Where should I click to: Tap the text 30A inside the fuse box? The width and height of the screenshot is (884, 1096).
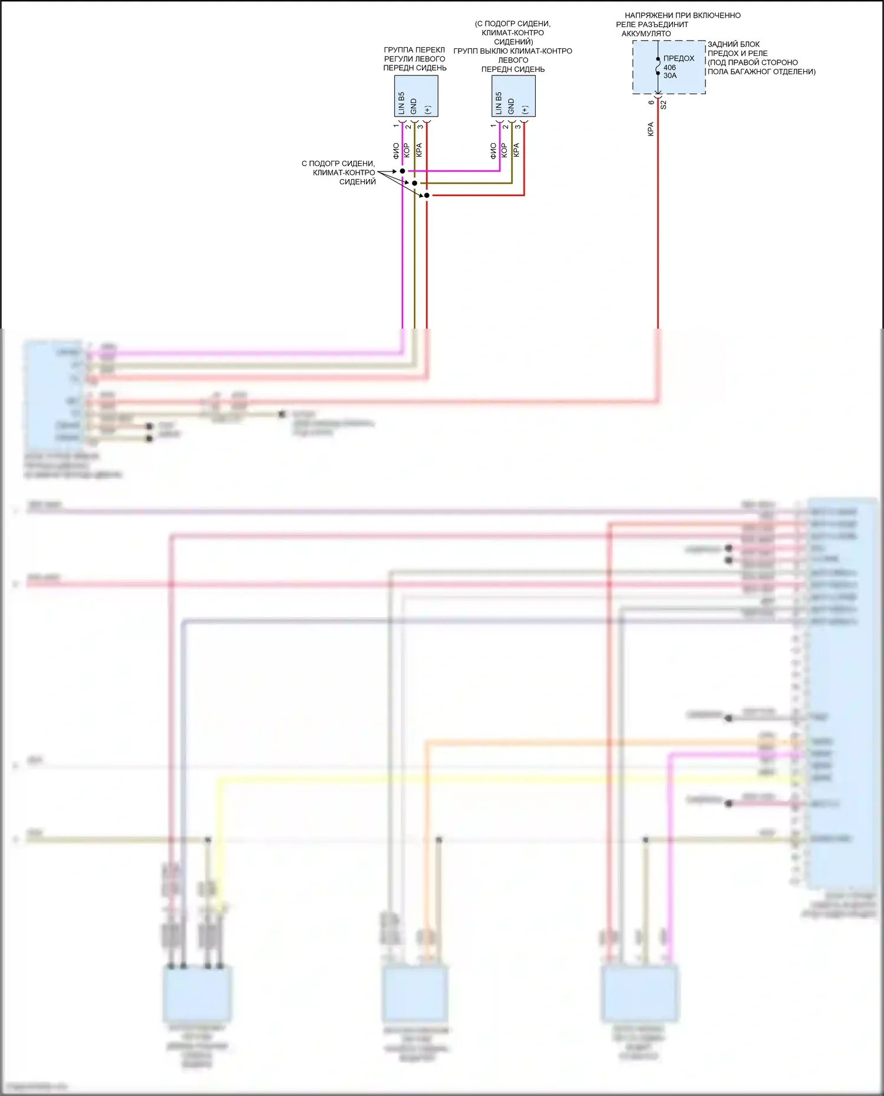click(x=670, y=76)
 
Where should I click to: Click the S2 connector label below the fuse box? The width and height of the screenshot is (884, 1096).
click(x=664, y=105)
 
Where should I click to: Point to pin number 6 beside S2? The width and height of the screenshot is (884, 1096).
click(x=651, y=102)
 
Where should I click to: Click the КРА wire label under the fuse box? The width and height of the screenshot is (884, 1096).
click(x=651, y=129)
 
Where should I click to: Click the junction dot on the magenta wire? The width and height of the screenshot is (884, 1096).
click(x=403, y=171)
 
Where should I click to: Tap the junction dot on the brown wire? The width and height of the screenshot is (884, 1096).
click(x=414, y=183)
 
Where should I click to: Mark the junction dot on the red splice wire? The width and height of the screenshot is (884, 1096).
click(x=427, y=195)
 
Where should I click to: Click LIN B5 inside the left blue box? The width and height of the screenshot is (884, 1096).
click(x=401, y=103)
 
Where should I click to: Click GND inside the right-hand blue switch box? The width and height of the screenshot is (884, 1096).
click(x=511, y=107)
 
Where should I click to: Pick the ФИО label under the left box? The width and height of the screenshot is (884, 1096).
click(x=396, y=151)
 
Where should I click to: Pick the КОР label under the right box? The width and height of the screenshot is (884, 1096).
click(x=504, y=150)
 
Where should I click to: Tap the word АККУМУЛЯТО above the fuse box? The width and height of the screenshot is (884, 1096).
click(x=646, y=34)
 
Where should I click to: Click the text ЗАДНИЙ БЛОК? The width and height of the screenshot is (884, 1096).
click(x=733, y=44)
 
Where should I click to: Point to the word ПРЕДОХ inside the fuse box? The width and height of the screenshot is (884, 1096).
click(x=679, y=58)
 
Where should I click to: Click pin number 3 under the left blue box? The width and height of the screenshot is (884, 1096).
click(x=420, y=126)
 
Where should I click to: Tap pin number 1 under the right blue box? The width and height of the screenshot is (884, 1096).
click(x=493, y=126)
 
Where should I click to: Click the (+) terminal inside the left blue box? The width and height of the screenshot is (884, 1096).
click(x=428, y=110)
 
